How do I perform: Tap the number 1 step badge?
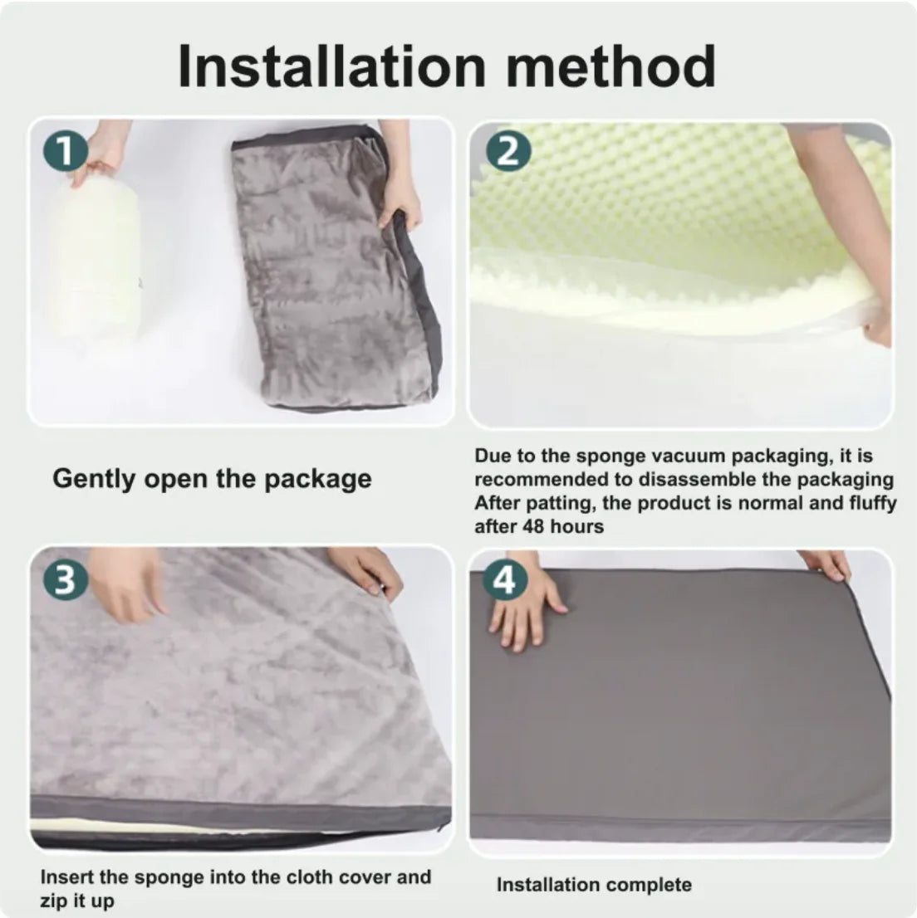click(x=66, y=152)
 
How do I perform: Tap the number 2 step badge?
click(x=508, y=152)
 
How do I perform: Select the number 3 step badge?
click(x=66, y=580)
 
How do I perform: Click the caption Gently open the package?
click(x=212, y=479)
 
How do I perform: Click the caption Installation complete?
click(x=594, y=885)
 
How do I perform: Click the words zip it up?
click(x=77, y=901)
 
